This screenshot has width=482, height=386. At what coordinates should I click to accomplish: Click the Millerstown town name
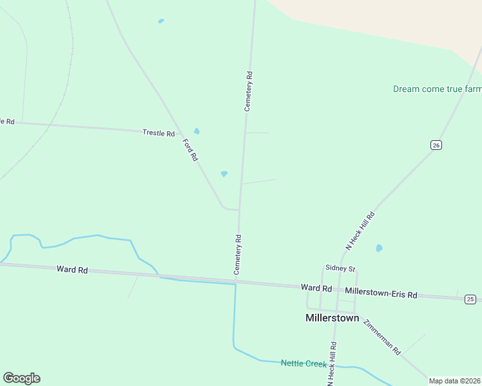pyautogui.click(x=332, y=318)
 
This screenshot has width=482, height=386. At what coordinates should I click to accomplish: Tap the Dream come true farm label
pyautogui.click(x=437, y=89)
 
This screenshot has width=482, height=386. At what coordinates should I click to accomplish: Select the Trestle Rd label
pyautogui.click(x=159, y=133)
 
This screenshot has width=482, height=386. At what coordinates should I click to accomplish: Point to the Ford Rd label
pyautogui.click(x=190, y=150)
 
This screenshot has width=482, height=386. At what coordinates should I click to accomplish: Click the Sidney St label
pyautogui.click(x=340, y=268)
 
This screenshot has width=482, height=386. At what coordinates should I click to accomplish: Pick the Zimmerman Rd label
pyautogui.click(x=381, y=337)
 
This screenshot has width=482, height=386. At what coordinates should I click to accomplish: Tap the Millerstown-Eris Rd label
pyautogui.click(x=381, y=293)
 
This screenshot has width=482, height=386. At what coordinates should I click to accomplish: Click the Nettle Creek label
pyautogui.click(x=304, y=363)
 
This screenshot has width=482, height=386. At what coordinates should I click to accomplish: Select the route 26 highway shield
pyautogui.click(x=436, y=145)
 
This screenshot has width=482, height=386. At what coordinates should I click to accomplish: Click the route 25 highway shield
pyautogui.click(x=470, y=299)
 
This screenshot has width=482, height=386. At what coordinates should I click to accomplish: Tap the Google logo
pyautogui.click(x=21, y=378)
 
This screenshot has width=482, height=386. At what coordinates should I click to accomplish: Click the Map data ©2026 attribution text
pyautogui.click(x=454, y=381)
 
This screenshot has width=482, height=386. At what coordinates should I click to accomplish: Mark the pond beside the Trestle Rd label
pyautogui.click(x=197, y=131)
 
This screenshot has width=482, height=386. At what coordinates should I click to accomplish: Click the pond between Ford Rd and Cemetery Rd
pyautogui.click(x=224, y=174)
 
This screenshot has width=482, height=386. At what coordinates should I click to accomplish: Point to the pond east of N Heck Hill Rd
pyautogui.click(x=379, y=248)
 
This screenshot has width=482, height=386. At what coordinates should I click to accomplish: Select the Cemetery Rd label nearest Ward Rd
pyautogui.click(x=238, y=255)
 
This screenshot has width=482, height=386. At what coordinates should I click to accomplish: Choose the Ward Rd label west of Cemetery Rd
pyautogui.click(x=72, y=270)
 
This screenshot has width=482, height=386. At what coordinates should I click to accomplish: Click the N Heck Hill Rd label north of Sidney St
pyautogui.click(x=360, y=231)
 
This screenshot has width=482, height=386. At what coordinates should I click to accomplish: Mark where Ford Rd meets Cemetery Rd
pyautogui.click(x=239, y=210)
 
